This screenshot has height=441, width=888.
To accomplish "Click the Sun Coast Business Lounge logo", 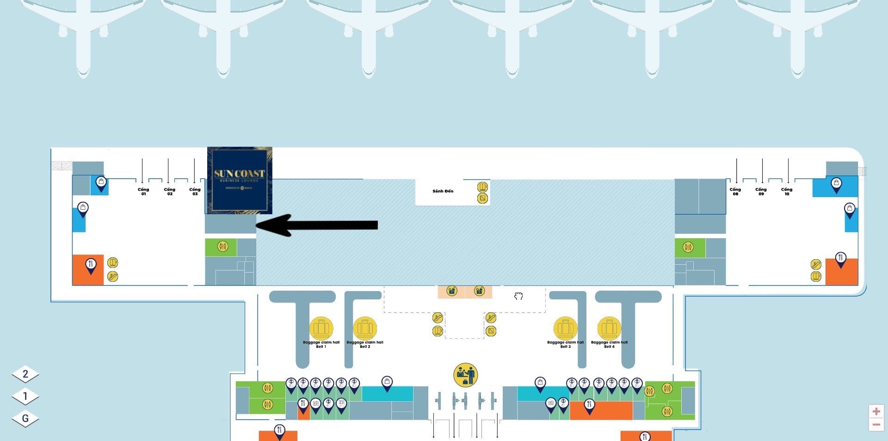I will (239, 180).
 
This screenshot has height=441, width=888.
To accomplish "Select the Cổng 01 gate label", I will (143, 191).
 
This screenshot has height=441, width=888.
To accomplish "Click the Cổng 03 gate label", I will (195, 191).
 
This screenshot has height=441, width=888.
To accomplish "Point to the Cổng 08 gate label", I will (735, 191).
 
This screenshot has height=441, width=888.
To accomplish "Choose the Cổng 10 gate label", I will (786, 191).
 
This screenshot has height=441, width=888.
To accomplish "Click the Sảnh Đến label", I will (443, 191).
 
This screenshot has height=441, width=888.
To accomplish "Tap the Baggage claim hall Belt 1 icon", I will (321, 329).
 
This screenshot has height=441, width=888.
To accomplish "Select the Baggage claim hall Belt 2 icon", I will (365, 329).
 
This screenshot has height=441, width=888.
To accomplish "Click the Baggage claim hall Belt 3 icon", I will (565, 329).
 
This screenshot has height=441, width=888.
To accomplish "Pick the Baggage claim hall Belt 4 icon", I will (609, 329).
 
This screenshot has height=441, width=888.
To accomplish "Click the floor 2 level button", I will (25, 374).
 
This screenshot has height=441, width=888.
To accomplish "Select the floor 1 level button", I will (25, 396).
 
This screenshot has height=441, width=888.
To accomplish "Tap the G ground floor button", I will (25, 418).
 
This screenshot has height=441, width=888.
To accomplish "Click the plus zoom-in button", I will (876, 411).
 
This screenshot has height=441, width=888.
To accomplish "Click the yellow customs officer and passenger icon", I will (465, 375).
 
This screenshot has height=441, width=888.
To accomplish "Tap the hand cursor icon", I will (518, 296).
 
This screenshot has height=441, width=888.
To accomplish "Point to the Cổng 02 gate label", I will (169, 191).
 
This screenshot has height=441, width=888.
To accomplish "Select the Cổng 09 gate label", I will (761, 191).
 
